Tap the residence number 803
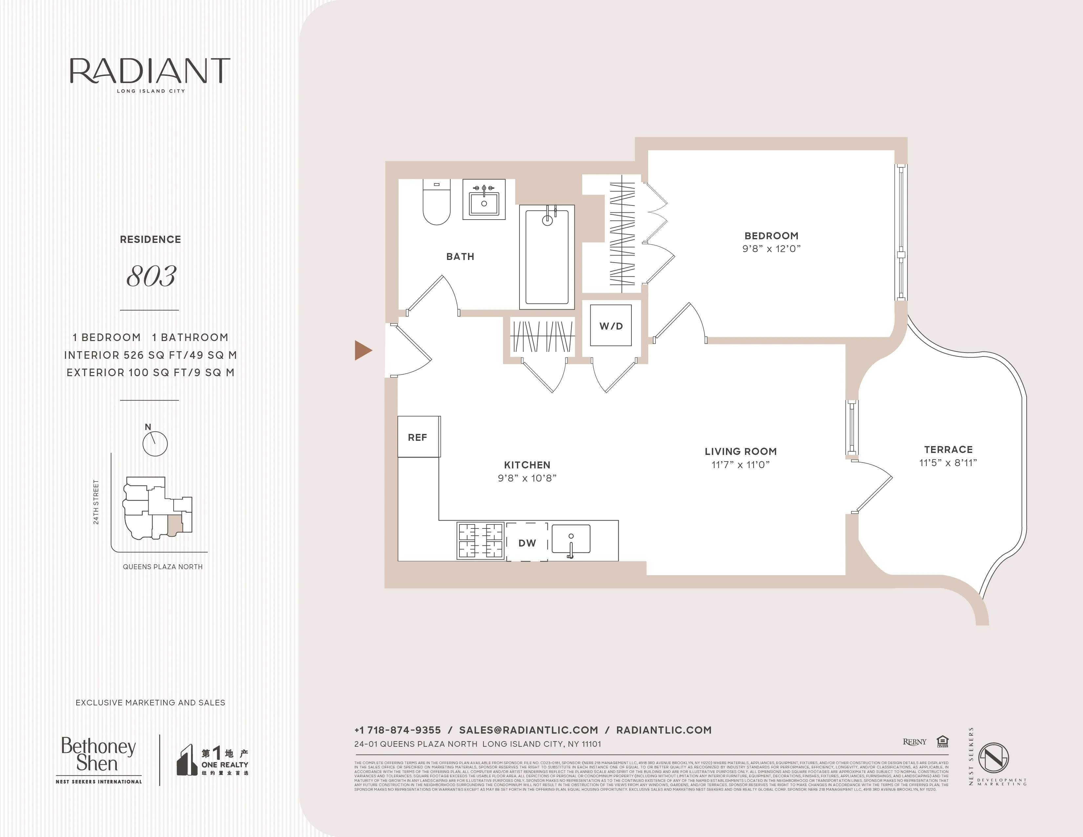point(151,276)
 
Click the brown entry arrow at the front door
point(363,350)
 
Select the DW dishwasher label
point(527,543)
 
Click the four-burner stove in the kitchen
point(480,541)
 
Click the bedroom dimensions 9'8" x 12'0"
point(771,249)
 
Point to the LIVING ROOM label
point(740,451)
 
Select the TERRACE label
point(948,449)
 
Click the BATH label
point(460,256)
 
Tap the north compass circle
point(155,443)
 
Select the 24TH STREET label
point(96,502)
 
